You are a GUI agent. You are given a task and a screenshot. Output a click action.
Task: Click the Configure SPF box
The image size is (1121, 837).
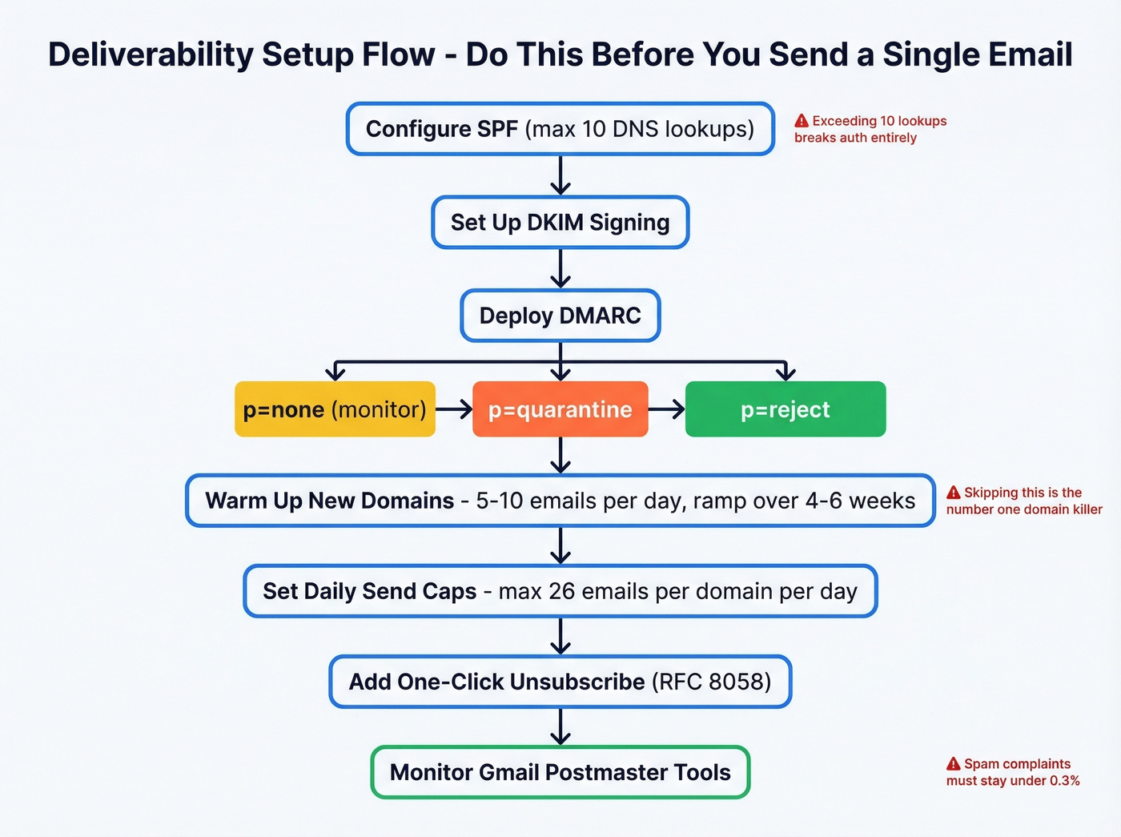[x=560, y=129]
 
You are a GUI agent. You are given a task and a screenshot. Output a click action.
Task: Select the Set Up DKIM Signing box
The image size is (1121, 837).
[x=560, y=223]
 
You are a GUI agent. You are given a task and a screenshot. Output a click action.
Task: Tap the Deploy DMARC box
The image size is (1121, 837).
[x=560, y=316]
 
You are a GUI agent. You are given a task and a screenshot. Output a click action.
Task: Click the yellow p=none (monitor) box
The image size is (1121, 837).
[x=335, y=409]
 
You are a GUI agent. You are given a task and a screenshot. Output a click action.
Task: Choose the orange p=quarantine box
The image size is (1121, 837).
[x=560, y=409]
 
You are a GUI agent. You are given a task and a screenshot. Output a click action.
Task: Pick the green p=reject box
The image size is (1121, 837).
[x=785, y=409]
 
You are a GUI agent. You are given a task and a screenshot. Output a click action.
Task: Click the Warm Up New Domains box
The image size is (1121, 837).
[x=560, y=501]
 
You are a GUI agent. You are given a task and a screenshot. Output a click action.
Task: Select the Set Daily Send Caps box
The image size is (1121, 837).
[x=560, y=591]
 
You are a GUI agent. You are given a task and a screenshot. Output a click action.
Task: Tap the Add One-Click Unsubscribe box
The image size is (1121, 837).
[x=560, y=682]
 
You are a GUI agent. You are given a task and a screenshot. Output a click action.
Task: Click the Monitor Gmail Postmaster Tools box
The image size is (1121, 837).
[x=560, y=772]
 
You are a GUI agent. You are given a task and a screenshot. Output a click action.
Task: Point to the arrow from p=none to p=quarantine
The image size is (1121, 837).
[x=454, y=409]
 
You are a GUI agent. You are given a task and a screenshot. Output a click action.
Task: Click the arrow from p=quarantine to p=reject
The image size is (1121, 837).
[x=666, y=409]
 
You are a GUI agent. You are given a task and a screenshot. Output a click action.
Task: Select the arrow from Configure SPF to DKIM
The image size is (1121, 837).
[x=560, y=175]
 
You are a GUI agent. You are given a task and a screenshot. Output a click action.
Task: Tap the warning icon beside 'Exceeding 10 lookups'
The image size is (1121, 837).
[x=802, y=121]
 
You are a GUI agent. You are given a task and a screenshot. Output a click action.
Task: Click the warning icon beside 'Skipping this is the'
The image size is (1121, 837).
[x=954, y=493]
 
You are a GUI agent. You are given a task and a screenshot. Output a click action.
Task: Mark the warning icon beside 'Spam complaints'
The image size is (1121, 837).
[x=954, y=764]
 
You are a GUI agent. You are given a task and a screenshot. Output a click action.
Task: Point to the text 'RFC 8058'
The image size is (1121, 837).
[x=711, y=682]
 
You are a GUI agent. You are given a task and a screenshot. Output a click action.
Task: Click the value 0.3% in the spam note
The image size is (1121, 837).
[x=1064, y=781]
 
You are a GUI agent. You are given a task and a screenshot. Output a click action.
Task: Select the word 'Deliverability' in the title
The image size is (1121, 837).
[x=150, y=54]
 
